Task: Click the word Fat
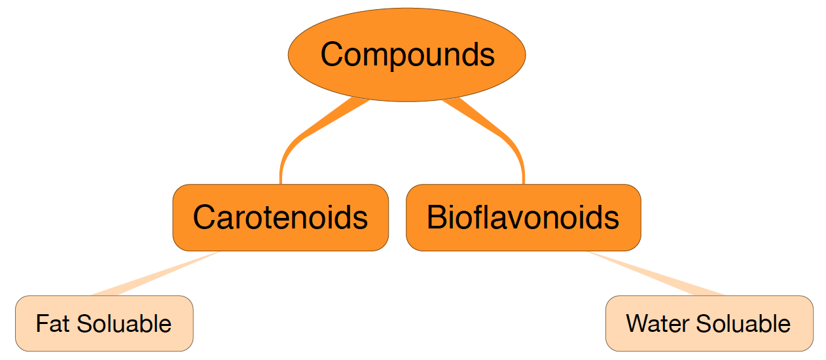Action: pos(53,324)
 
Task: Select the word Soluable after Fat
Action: pos(124,324)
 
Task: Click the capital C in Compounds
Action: pos(332,54)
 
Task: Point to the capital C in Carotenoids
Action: pos(205,217)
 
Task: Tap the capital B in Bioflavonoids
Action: pos(437,217)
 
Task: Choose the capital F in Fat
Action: pos(41,324)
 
